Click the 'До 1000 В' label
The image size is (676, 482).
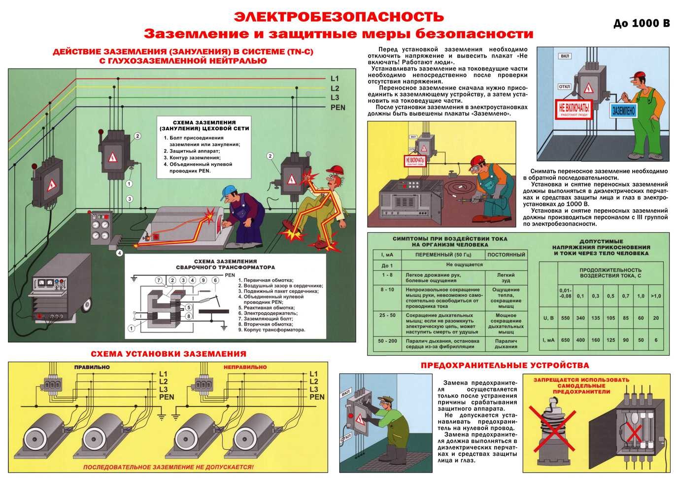pyautogui.click(x=642, y=23)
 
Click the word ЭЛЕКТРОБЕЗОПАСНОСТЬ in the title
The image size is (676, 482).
pyautogui.click(x=338, y=16)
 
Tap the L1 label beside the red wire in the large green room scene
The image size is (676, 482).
pyautogui.click(x=335, y=78)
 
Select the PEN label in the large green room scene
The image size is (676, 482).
pyautogui.click(x=338, y=107)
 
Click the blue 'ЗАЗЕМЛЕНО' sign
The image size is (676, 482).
pyautogui.click(x=623, y=110)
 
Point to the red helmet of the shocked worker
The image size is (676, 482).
pyautogui.click(x=336, y=169)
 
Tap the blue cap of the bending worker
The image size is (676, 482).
pyautogui.click(x=229, y=190)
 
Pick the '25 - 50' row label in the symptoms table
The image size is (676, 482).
pyautogui.click(x=387, y=315)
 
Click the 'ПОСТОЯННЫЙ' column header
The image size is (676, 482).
pyautogui.click(x=506, y=255)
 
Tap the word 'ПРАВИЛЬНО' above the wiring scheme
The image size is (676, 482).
pyautogui.click(x=92, y=367)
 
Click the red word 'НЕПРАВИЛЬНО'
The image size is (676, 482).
pyautogui.click(x=245, y=367)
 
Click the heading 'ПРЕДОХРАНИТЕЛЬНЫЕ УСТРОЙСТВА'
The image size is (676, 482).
pyautogui.click(x=505, y=366)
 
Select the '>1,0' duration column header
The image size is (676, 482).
pyautogui.click(x=656, y=296)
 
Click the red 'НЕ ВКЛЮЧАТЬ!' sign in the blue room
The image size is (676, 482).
pyautogui.click(x=573, y=108)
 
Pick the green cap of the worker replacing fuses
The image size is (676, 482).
pyautogui.click(x=387, y=400)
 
